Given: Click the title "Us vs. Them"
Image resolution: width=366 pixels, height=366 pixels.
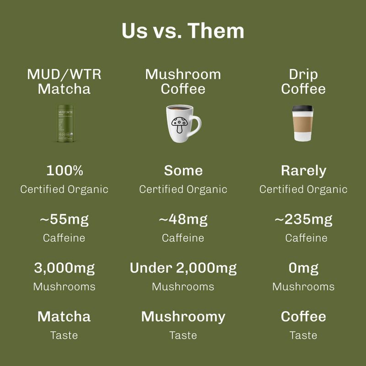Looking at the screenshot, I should coord(183,31).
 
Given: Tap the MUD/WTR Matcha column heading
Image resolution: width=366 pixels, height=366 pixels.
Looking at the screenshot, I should coord(65,81).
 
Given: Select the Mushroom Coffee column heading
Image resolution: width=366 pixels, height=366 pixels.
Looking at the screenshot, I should coord(183,81).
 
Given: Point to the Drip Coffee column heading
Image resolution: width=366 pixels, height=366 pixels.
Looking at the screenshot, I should coord(303,81).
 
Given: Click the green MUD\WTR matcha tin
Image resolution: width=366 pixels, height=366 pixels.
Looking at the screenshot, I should coord(65,123).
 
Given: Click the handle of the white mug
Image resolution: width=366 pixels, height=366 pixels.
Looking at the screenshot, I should coord(196,125).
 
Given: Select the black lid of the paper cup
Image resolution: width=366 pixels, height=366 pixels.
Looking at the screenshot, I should coord(303,110).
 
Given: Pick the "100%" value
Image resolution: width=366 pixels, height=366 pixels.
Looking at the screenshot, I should coord(65,171).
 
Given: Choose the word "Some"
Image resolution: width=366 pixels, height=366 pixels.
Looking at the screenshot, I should coord(183,171).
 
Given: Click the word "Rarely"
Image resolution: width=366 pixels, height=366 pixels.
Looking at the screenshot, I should coord(303,171).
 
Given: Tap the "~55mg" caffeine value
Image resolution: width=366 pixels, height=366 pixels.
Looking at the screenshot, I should coord(65,220).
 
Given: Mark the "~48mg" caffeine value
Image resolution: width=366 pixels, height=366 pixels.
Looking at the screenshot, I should coord(183,220).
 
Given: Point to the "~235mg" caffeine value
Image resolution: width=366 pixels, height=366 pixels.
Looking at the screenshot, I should coord(303,220).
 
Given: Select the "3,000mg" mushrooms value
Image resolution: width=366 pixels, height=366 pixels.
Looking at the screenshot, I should coord(65,268).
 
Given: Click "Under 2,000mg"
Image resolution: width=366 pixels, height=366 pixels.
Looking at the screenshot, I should coord(183,268).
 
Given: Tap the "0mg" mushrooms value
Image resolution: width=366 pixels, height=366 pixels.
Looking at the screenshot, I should coord(303,268).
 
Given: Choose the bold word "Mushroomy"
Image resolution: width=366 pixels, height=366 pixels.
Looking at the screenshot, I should coord(183,317).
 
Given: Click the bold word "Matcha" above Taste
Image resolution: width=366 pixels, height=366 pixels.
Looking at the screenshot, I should coord(65,317).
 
